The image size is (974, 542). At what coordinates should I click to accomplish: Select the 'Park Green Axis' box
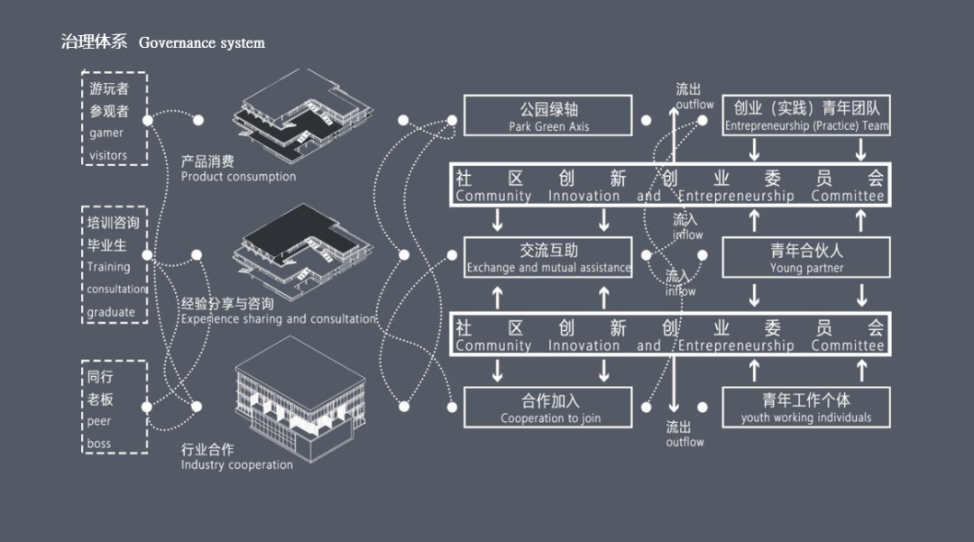547,116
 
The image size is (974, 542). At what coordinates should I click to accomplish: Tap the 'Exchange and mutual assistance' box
547,258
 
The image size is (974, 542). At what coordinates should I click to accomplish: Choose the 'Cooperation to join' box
547,407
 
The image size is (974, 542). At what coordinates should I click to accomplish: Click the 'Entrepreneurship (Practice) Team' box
806,116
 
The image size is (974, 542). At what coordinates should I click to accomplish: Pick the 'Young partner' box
806,258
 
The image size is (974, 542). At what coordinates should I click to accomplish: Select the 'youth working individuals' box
806,407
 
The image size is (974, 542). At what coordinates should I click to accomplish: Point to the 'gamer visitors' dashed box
115,119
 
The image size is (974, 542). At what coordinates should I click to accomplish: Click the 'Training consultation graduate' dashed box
115,265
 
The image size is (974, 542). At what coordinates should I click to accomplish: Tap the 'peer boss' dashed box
115,406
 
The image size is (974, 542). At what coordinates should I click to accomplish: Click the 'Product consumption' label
238,169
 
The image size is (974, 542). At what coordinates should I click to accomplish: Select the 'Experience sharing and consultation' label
278,311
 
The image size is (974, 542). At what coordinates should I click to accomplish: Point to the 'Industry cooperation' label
236,457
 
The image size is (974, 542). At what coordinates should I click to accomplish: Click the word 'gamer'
106,133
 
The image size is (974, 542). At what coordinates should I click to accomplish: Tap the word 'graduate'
111,312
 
